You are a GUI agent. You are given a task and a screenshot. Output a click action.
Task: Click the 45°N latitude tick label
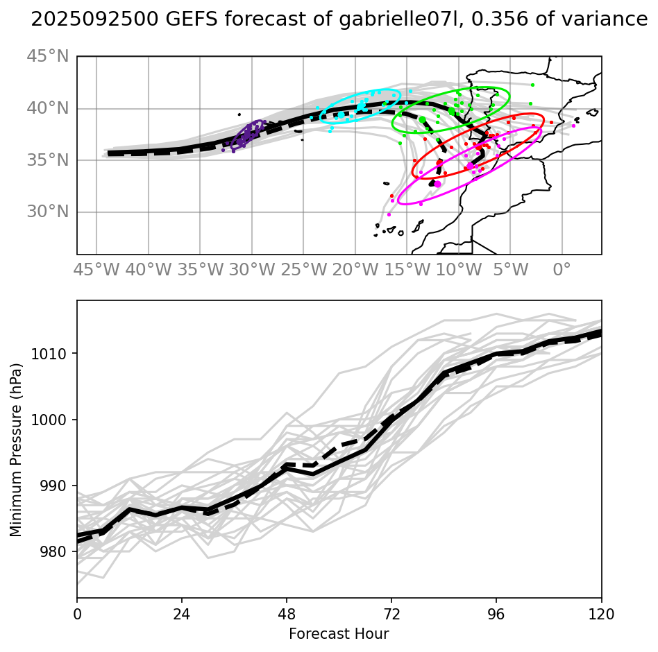tap(48, 56)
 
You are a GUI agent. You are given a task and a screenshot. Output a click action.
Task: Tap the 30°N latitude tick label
tap(48, 212)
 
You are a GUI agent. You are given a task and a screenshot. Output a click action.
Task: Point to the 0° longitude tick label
tap(562, 268)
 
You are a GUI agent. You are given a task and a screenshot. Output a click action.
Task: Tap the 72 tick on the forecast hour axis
tap(391, 615)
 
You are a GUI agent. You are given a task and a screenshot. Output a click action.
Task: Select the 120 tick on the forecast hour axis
tap(601, 615)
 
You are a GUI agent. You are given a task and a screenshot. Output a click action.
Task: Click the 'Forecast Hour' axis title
tap(339, 633)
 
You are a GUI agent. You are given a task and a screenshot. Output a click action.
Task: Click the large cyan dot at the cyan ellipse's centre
tap(341, 115)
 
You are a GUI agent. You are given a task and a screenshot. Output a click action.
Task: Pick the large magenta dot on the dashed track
tap(437, 184)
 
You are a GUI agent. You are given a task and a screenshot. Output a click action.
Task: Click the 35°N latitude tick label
tap(48, 160)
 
